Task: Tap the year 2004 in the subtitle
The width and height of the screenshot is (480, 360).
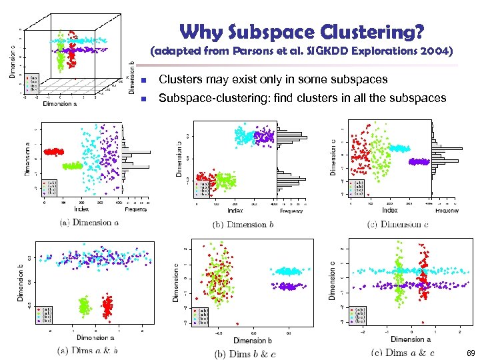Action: (435, 51)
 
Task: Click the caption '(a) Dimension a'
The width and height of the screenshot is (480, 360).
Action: (89, 222)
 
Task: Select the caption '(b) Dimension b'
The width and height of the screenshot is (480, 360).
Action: (243, 224)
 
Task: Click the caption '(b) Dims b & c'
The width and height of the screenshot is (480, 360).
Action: (245, 353)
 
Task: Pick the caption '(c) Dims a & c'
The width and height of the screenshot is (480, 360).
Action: (403, 353)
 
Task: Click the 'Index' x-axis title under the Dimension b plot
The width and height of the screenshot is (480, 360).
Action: (235, 210)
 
